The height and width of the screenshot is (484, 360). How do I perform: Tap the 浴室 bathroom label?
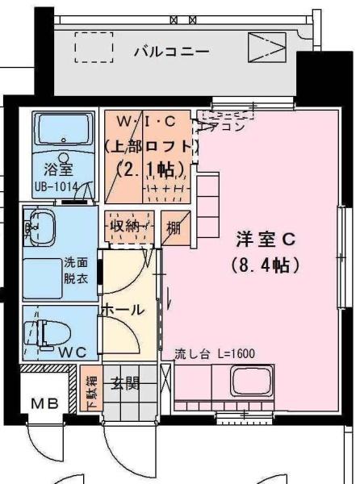(x=59, y=171)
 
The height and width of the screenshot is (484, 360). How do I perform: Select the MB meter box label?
(x=44, y=403)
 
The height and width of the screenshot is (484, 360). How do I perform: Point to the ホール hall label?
(x=122, y=309)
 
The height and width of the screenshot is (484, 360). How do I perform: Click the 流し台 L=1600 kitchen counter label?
(x=215, y=353)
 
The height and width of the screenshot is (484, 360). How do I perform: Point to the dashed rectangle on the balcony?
(x=94, y=48)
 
